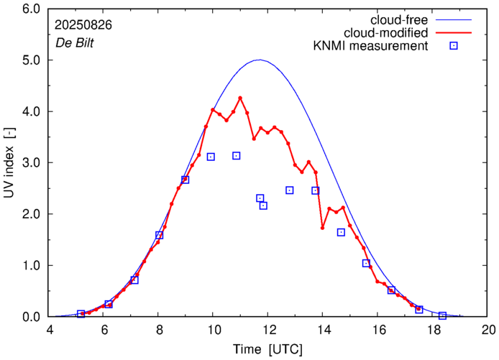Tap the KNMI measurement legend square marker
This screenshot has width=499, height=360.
tap(453, 46)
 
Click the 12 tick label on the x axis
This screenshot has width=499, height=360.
tap(267, 330)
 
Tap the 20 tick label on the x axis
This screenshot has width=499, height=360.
tap(488, 330)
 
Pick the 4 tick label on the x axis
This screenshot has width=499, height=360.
tap(50, 330)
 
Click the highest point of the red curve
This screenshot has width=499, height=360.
tap(240, 98)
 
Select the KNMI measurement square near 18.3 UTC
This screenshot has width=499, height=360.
tap(442, 315)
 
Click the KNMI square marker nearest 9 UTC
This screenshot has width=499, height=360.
tap(185, 180)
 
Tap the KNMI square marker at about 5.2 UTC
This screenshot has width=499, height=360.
tap(81, 314)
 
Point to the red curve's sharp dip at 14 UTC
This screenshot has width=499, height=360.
tap(323, 228)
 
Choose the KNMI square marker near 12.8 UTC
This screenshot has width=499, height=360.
tap(289, 190)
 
